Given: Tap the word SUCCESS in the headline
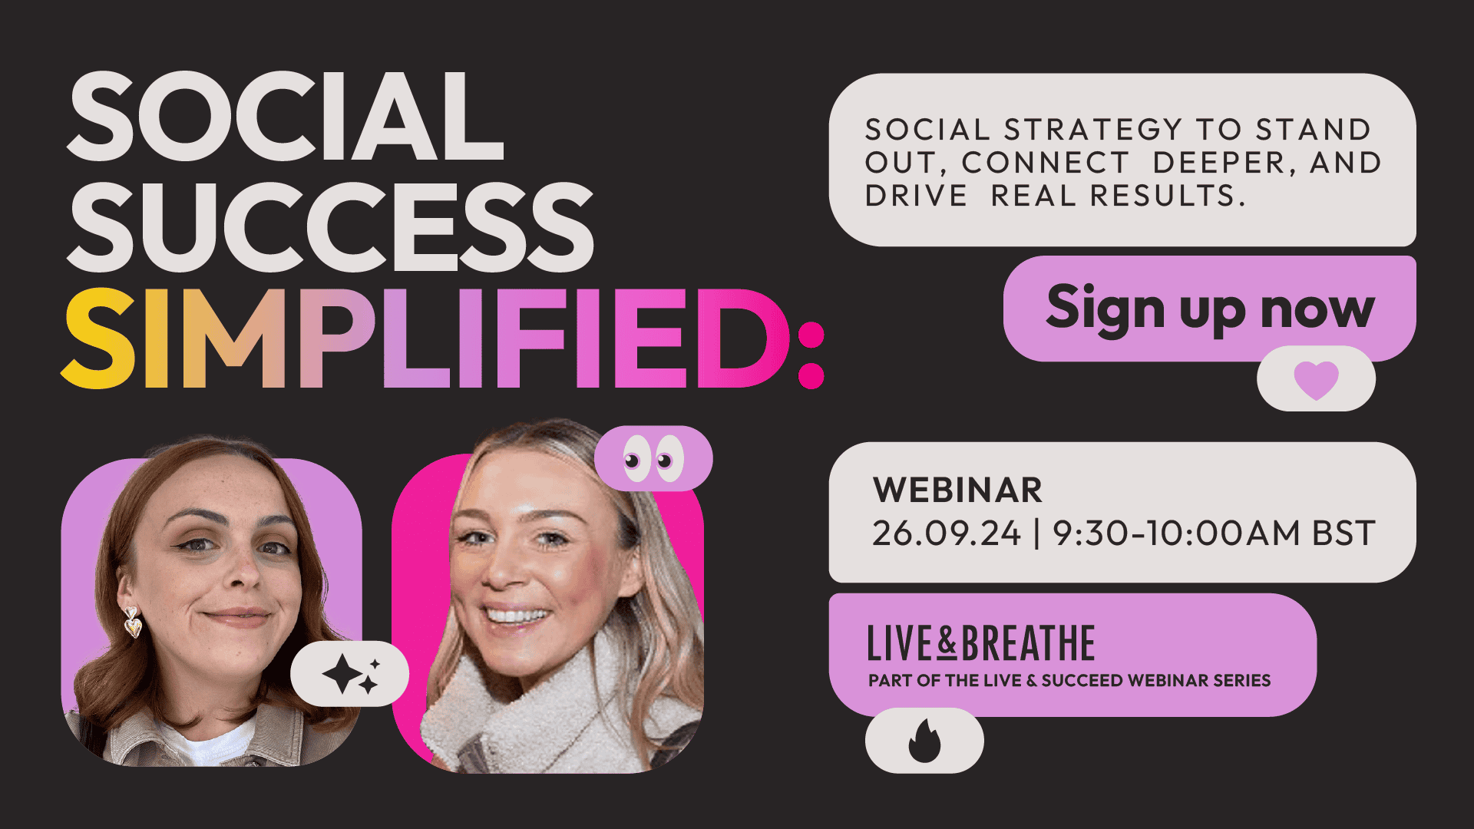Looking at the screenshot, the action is tap(330, 226).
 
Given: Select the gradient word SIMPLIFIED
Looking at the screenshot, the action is tap(426, 338).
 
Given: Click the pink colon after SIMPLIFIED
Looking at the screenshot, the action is tap(811, 355).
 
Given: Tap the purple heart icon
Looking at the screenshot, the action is tap(1316, 380).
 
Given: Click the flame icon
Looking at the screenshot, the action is tap(924, 741).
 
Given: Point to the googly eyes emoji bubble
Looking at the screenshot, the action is tap(653, 459).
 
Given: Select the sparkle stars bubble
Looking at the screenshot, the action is tap(350, 674).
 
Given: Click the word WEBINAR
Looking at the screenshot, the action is tap(958, 490).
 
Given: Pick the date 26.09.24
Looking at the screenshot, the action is tap(947, 533).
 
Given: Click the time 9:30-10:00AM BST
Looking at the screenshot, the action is tap(1214, 533).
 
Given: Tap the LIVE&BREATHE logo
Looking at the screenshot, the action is tap(981, 643).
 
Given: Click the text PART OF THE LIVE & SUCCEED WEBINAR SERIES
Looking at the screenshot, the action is tap(1069, 681).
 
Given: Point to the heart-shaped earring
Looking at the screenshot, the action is tap(133, 623).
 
